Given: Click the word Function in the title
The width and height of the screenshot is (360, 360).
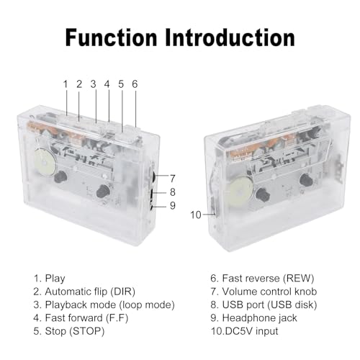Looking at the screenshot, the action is (111, 37).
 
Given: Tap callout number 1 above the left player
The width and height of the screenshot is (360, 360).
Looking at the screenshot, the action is (66, 84).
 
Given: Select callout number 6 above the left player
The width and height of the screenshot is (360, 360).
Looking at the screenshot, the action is (135, 84).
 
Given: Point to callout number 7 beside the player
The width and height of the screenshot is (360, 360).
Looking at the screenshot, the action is (173, 179).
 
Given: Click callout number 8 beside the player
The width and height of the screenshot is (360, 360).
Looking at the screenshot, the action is (173, 192).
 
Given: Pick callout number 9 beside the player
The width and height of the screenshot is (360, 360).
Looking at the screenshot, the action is (173, 205).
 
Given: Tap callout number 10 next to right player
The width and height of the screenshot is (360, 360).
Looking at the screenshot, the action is (196, 215).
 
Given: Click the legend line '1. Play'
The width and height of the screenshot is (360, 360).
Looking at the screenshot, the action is (50, 279).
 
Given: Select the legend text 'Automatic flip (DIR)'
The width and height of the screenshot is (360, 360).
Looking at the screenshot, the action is (90, 292).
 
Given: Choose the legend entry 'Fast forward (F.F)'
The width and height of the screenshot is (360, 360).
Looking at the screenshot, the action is (87, 318).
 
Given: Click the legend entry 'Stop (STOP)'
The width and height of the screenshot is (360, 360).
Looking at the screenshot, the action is (75, 331).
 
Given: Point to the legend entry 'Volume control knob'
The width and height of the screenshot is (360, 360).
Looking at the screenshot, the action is (269, 292).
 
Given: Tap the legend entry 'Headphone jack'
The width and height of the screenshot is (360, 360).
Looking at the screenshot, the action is (260, 318).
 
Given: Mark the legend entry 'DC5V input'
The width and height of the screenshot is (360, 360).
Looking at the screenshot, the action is (252, 331).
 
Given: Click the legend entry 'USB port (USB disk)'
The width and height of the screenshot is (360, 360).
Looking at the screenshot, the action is (270, 305).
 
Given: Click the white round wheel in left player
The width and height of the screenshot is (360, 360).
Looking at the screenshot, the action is (45, 163).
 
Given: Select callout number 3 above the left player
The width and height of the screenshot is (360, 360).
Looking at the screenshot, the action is (94, 84).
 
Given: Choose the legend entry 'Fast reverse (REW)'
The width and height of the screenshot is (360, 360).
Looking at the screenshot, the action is (268, 279).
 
